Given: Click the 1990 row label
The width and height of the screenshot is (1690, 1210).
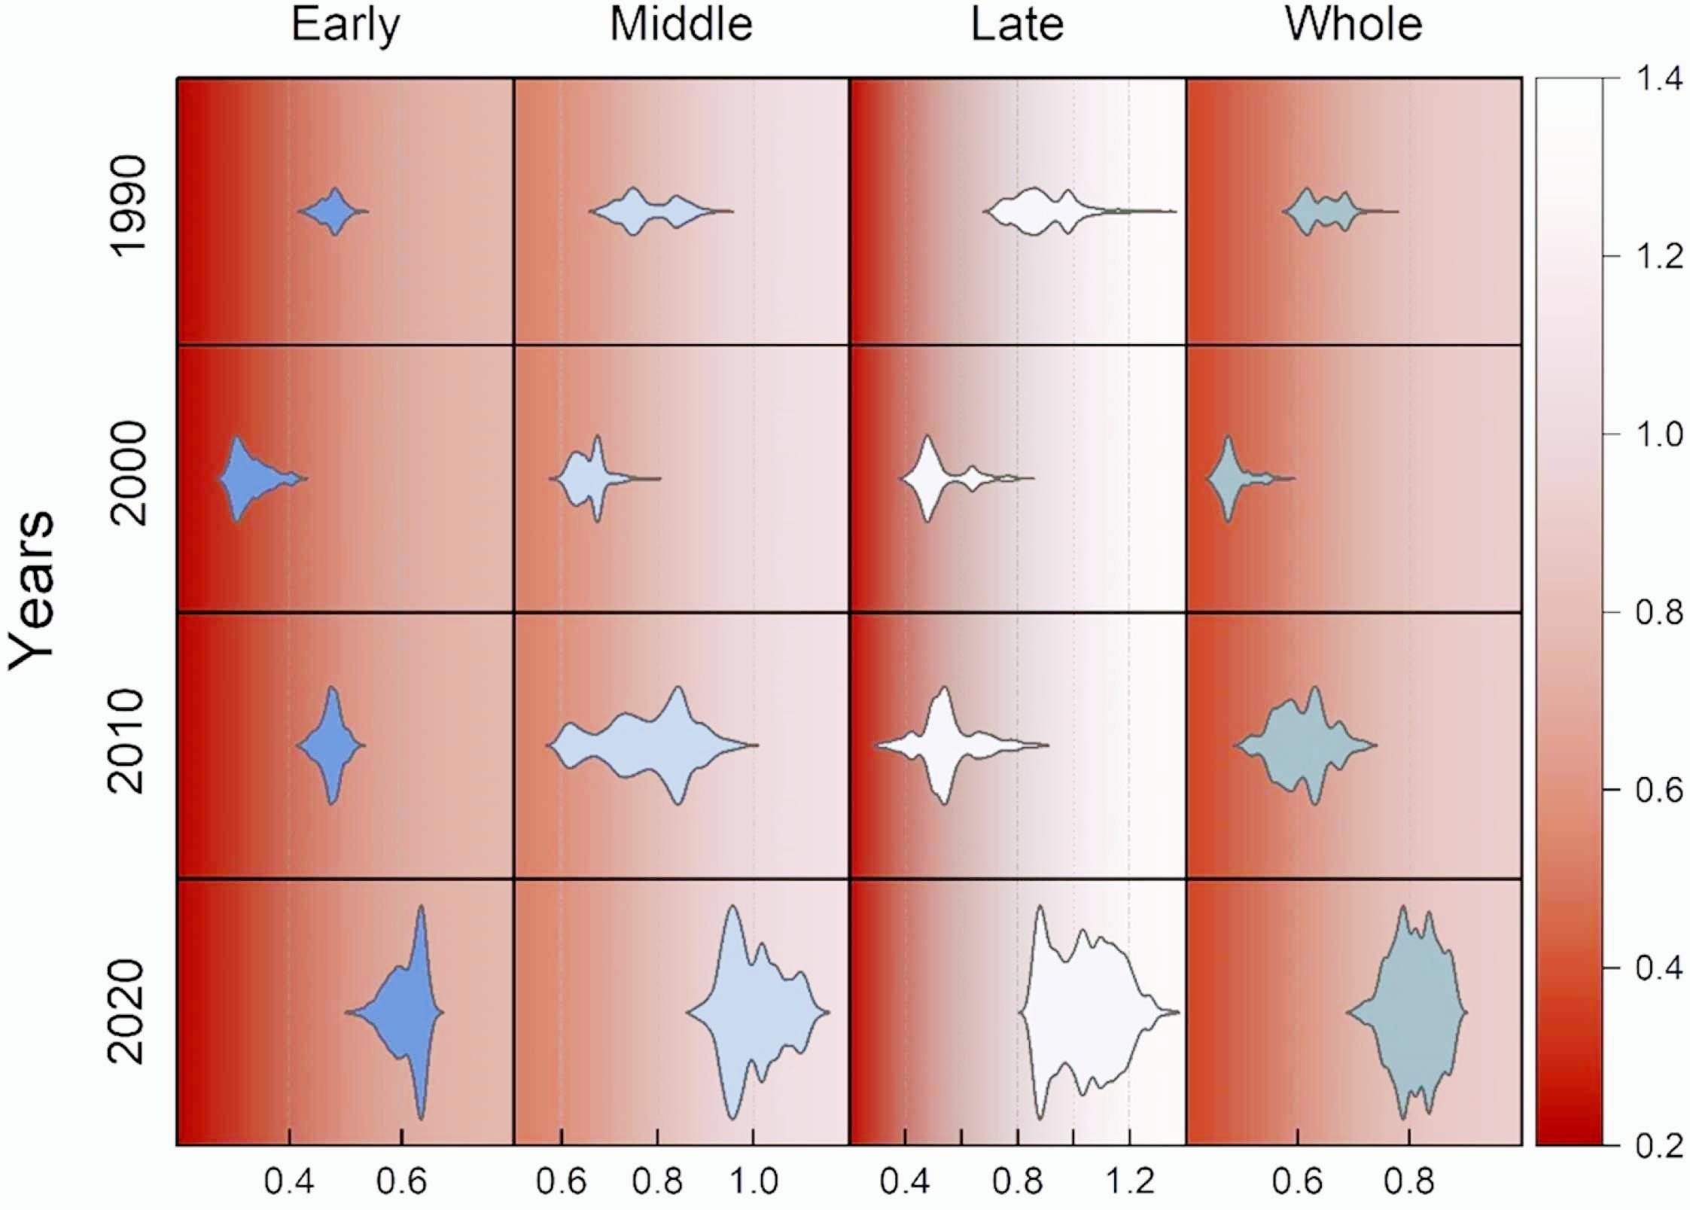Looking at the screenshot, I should point(126,207).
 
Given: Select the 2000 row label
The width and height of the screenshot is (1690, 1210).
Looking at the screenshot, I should point(126,473).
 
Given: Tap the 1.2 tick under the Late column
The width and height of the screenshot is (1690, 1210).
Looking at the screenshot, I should point(1129,1181).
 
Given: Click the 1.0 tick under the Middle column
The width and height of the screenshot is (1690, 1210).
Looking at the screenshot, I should point(754,1181).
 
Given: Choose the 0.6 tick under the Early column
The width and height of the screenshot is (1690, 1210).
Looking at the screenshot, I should point(401,1181).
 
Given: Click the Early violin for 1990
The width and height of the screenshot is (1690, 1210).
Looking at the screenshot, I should point(334,212).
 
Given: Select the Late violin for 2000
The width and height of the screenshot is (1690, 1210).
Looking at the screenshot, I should point(927,478).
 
